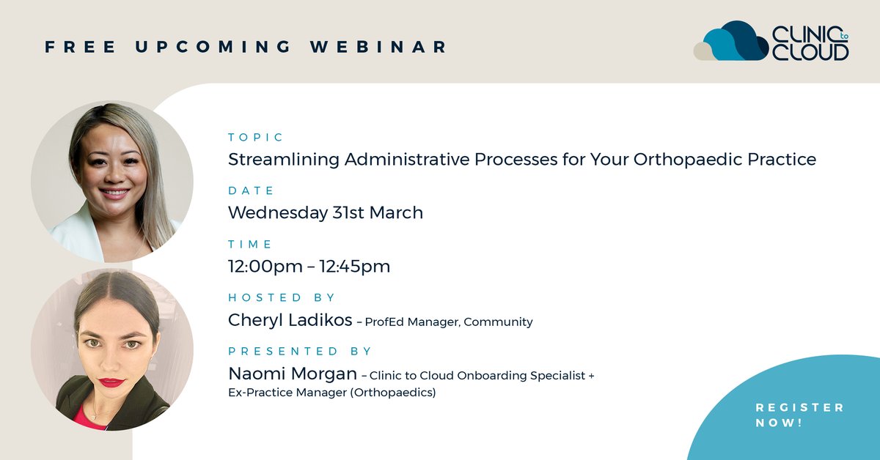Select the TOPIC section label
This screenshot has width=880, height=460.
click(255, 137)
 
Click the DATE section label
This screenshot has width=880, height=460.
click(251, 190)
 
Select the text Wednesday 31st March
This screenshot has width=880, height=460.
click(326, 213)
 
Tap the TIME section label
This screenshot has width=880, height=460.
click(250, 244)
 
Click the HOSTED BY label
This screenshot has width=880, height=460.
click(282, 297)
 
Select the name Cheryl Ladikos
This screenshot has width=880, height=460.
click(286, 320)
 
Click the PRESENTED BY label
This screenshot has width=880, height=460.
click(300, 351)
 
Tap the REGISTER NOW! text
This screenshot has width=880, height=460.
click(799, 415)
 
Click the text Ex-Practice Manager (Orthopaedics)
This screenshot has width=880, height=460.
click(331, 393)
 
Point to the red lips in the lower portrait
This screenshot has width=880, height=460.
click(111, 382)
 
